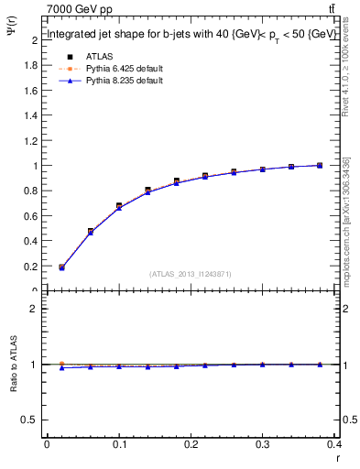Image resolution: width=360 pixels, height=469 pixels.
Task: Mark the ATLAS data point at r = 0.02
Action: (x=61, y=267)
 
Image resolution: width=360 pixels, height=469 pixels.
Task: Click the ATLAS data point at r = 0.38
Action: (x=319, y=165)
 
